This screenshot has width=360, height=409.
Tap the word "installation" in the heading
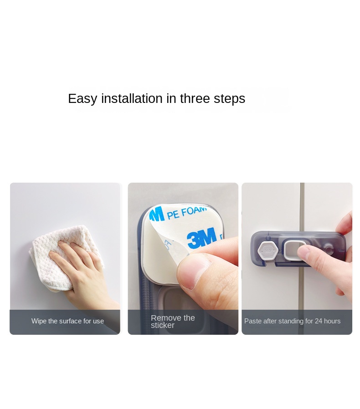132,98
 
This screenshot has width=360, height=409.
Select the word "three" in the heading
195,98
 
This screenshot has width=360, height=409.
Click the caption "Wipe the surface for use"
67,321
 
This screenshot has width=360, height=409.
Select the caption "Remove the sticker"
173,322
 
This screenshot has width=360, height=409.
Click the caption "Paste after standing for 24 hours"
293,321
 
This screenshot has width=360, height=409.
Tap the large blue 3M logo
202,238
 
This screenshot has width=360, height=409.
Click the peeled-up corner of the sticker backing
172,248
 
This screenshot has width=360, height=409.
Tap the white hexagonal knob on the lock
267,251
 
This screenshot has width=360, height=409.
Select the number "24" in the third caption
319,321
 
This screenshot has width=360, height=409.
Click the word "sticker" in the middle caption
162,325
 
